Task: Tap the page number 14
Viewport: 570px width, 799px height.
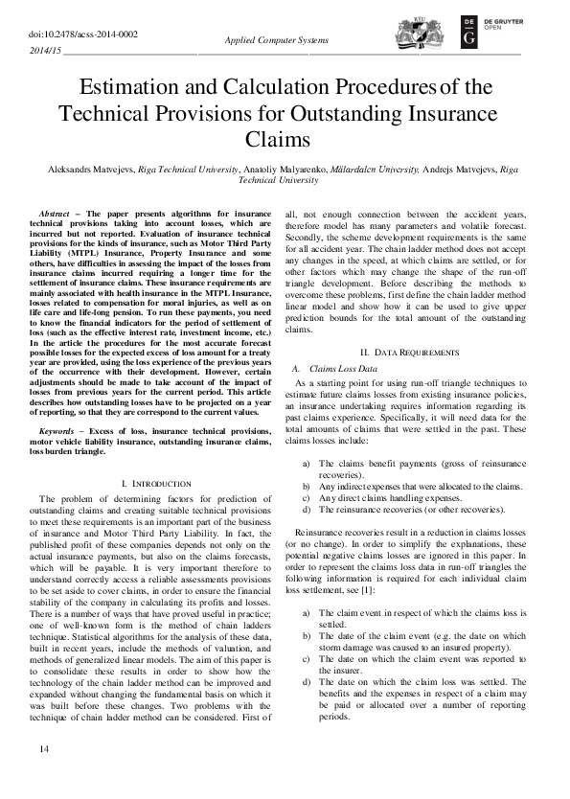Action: [x=43, y=773]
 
